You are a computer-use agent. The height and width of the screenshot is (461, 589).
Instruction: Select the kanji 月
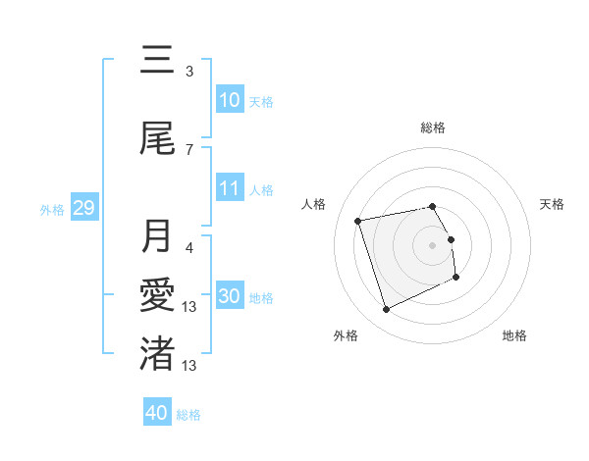point(157,237)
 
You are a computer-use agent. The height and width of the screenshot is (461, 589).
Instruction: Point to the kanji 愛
point(157,295)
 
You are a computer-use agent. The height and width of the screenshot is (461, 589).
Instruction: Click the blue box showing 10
point(230,100)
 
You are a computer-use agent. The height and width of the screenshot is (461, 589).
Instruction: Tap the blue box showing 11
point(230,189)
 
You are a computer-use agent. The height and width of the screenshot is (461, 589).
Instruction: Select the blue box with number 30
point(230,296)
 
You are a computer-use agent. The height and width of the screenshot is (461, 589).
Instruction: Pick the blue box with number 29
point(83,208)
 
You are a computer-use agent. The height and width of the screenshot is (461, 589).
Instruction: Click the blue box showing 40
point(157,413)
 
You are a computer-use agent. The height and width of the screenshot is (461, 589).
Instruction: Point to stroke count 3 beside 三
point(189,72)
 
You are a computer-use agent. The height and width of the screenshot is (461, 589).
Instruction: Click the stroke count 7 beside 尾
point(189,149)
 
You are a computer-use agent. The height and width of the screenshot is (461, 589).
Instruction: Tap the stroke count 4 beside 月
point(189,236)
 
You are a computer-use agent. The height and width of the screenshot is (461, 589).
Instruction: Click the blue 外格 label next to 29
point(52,209)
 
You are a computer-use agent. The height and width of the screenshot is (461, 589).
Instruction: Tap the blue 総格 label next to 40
point(188,414)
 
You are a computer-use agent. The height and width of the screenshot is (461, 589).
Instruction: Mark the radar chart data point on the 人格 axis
point(358,220)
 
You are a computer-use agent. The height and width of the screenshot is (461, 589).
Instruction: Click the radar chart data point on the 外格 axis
point(386,310)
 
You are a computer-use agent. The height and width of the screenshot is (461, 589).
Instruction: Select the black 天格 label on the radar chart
point(552,204)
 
